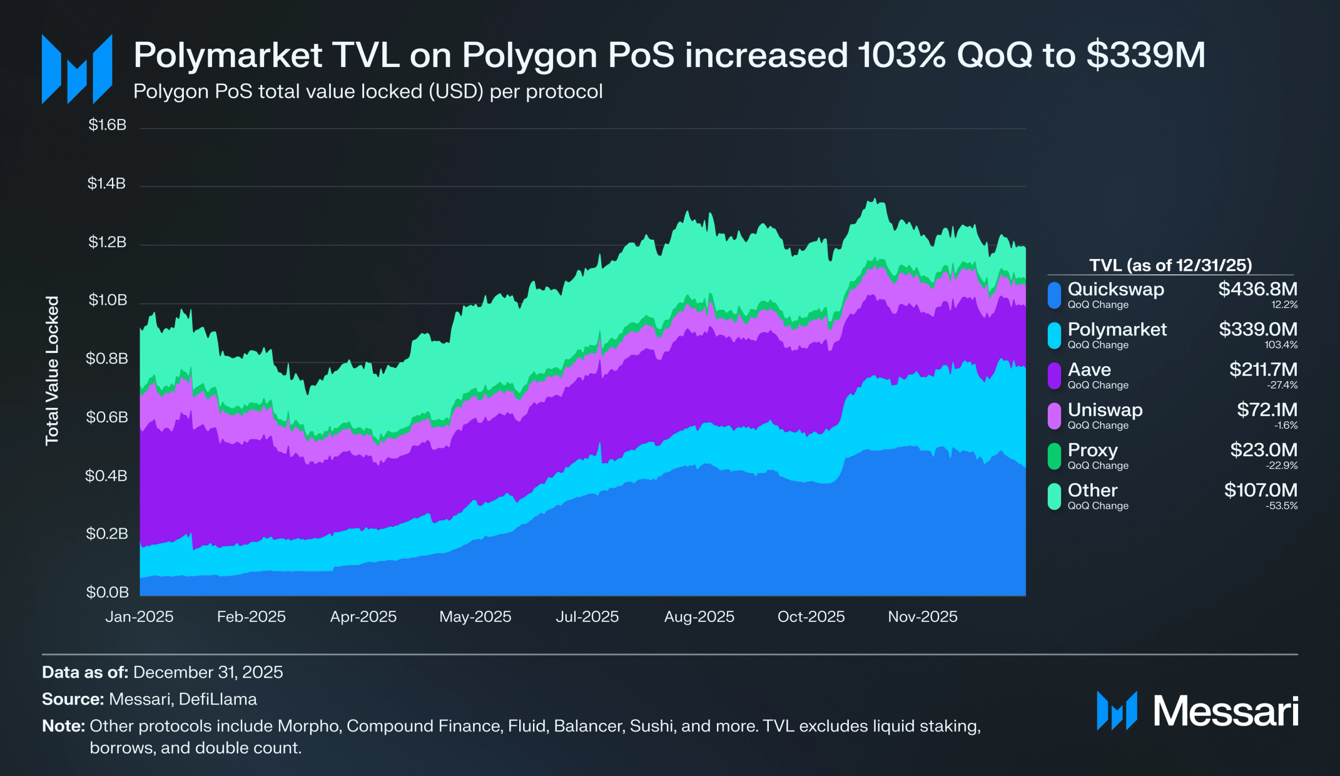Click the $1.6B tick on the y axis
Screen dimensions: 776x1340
tap(107, 125)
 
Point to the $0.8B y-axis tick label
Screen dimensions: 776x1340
tap(107, 359)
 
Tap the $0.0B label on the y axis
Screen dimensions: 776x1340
tap(107, 592)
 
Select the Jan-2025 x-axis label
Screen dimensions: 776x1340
tap(139, 617)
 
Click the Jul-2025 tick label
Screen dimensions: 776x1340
tap(587, 617)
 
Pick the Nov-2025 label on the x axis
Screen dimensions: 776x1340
tap(922, 617)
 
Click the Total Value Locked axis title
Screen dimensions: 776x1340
tap(52, 370)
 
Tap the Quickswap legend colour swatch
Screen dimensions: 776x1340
tap(1054, 295)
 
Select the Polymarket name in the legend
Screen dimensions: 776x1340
tap(1117, 329)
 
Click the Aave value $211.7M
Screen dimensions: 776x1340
tap(1263, 369)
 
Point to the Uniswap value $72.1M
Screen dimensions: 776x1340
tap(1267, 409)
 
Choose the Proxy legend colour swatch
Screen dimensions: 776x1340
tap(1054, 456)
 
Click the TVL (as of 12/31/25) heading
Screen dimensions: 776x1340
tap(1170, 265)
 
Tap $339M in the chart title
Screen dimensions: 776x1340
tap(1145, 55)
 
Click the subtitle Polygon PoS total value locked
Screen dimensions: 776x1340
tap(368, 92)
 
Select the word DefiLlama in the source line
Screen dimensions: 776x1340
tap(218, 699)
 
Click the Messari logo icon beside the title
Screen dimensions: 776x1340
tap(76, 69)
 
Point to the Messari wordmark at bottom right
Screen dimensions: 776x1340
tap(1225, 712)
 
